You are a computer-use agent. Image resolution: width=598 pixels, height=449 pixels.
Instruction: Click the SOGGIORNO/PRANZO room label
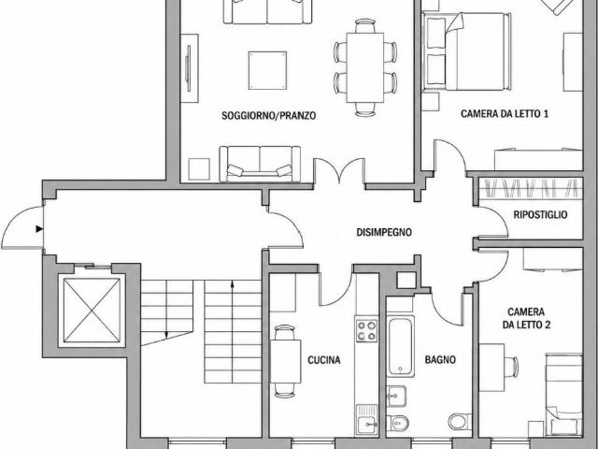pyautogui.click(x=269, y=115)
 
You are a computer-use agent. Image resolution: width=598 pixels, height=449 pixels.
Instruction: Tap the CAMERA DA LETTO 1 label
pyautogui.click(x=505, y=114)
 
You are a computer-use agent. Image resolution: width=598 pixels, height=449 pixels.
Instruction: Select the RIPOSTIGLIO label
pyautogui.click(x=540, y=214)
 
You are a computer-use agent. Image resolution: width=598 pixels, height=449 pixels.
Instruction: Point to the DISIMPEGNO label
pyautogui.click(x=384, y=232)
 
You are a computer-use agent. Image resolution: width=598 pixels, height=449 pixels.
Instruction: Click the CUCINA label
pyautogui.click(x=324, y=360)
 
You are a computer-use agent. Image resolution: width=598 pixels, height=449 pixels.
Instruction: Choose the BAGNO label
pyautogui.click(x=440, y=359)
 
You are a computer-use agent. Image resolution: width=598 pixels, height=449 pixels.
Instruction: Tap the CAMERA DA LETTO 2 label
pyautogui.click(x=526, y=318)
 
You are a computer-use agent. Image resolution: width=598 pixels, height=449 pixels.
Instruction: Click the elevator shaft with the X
pyautogui.click(x=92, y=310)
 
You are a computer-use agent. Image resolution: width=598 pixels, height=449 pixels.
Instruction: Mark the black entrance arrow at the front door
pyautogui.click(x=39, y=228)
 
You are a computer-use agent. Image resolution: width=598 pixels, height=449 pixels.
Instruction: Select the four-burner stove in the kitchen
pyautogui.click(x=367, y=330)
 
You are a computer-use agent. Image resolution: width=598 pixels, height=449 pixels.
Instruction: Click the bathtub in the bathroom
pyautogui.click(x=401, y=346)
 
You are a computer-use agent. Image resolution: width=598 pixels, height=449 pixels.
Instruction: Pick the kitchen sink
pyautogui.click(x=367, y=420)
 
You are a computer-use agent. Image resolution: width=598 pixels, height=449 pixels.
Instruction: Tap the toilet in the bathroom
pyautogui.click(x=460, y=422)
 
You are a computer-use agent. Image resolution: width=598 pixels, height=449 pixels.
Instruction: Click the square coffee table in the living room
pyautogui.click(x=267, y=71)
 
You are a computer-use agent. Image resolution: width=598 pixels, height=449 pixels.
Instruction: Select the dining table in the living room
pyautogui.click(x=365, y=67)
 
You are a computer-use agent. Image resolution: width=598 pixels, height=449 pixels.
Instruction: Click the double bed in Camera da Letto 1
pyautogui.click(x=467, y=51)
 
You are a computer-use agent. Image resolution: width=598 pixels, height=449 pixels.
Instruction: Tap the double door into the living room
pyautogui.click(x=339, y=172)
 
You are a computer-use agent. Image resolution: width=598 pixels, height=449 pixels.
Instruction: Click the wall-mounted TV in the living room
pyautogui.click(x=188, y=68)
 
